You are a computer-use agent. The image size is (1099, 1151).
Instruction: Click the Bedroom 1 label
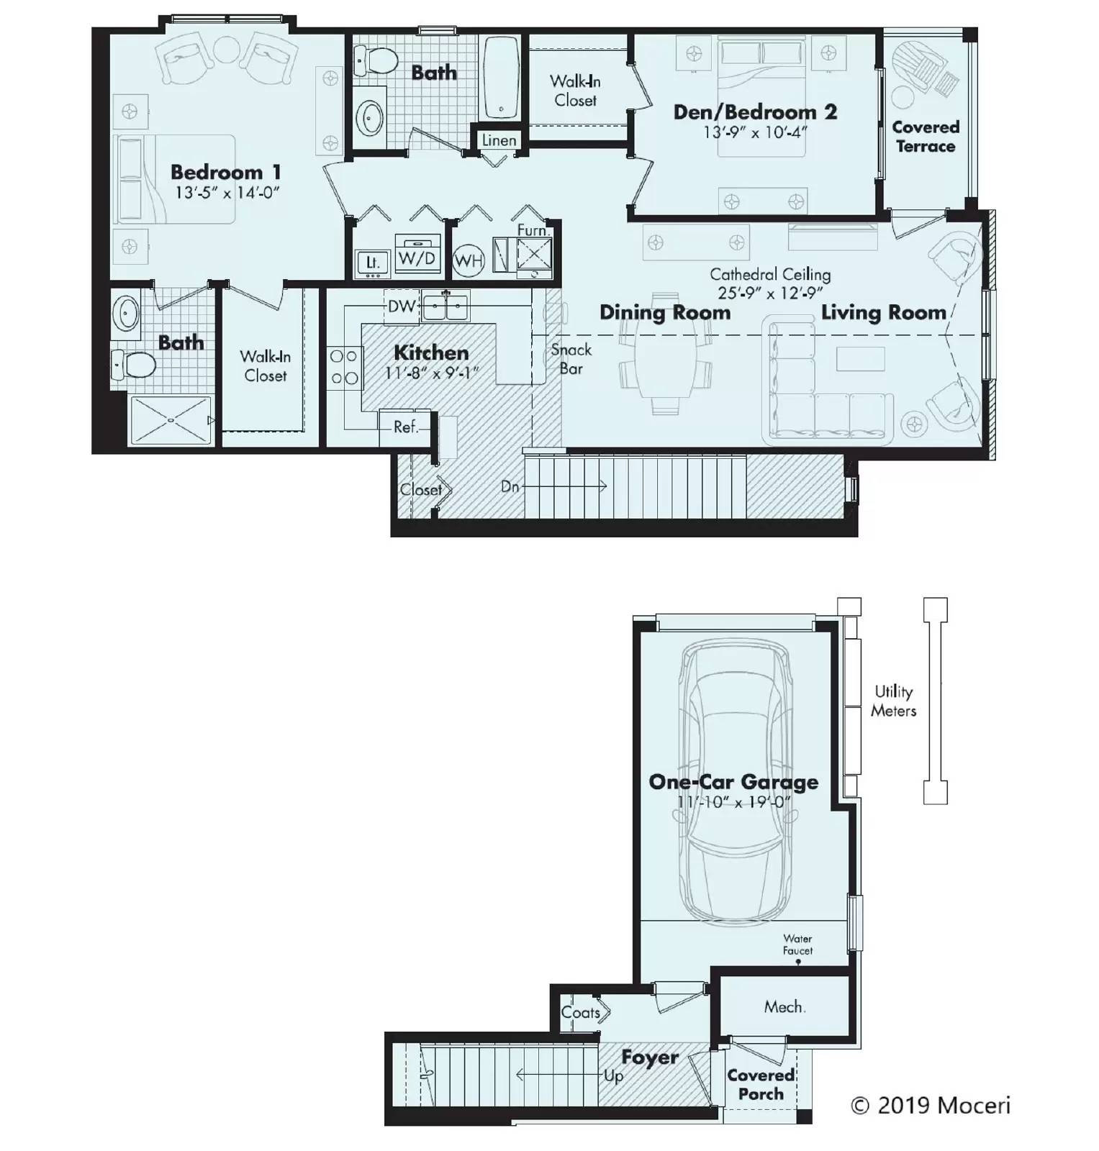(x=225, y=173)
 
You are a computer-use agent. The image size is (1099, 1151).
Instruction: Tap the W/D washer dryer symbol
(x=417, y=258)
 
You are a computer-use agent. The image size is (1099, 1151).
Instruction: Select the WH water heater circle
(x=469, y=260)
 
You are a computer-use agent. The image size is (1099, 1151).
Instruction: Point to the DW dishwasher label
(x=401, y=306)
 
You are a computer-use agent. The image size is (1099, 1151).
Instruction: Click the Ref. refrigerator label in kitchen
(x=405, y=427)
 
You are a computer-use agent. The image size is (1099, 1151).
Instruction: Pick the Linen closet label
(x=499, y=140)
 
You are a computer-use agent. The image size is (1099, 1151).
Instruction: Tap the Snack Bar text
(x=571, y=359)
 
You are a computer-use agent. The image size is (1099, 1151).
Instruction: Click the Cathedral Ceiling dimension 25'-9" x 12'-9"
(x=769, y=293)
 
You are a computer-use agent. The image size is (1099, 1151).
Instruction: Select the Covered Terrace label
(x=925, y=137)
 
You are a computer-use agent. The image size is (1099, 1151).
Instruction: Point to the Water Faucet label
(x=797, y=945)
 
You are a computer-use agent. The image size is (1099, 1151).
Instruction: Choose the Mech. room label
(x=784, y=1007)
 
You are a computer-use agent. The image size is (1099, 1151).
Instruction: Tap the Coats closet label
(x=581, y=1013)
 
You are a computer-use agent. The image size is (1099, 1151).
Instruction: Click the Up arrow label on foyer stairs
(x=613, y=1076)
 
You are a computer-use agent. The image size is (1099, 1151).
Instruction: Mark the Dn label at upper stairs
(x=510, y=487)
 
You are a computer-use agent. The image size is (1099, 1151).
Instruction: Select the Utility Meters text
(x=893, y=701)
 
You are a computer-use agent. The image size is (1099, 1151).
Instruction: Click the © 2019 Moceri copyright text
(x=930, y=1106)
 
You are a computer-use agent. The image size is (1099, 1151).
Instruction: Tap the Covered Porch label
(x=760, y=1084)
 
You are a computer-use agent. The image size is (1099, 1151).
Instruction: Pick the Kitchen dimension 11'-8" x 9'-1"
(x=431, y=373)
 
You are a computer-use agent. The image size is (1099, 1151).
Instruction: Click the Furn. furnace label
(x=533, y=231)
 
